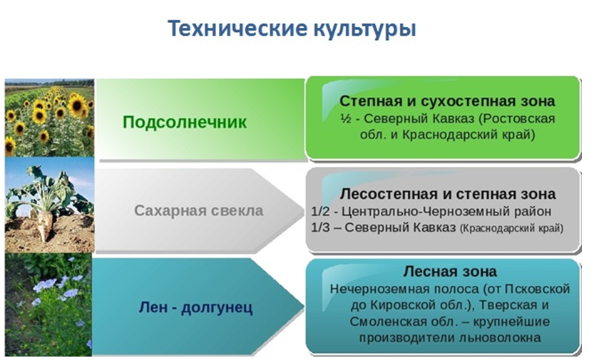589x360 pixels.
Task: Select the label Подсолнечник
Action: (x=185, y=122)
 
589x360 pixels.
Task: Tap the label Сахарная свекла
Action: (x=199, y=210)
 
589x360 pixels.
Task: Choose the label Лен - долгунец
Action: (x=195, y=307)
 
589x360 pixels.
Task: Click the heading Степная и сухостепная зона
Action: (x=447, y=101)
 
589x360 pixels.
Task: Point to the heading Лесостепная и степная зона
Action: (x=448, y=194)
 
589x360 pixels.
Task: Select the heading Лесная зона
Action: (x=450, y=271)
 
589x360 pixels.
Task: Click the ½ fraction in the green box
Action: (x=346, y=118)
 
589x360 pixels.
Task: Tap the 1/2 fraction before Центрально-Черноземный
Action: (x=320, y=211)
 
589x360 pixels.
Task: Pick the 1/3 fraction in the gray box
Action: (x=320, y=227)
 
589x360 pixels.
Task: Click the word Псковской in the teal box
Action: (x=537, y=289)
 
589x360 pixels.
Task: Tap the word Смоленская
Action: (x=387, y=322)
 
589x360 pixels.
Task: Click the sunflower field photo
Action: (x=50, y=118)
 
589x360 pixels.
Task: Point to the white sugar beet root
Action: (x=44, y=223)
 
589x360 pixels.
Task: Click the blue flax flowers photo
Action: (x=48, y=304)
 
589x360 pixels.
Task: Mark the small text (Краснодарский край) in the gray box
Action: (x=512, y=228)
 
